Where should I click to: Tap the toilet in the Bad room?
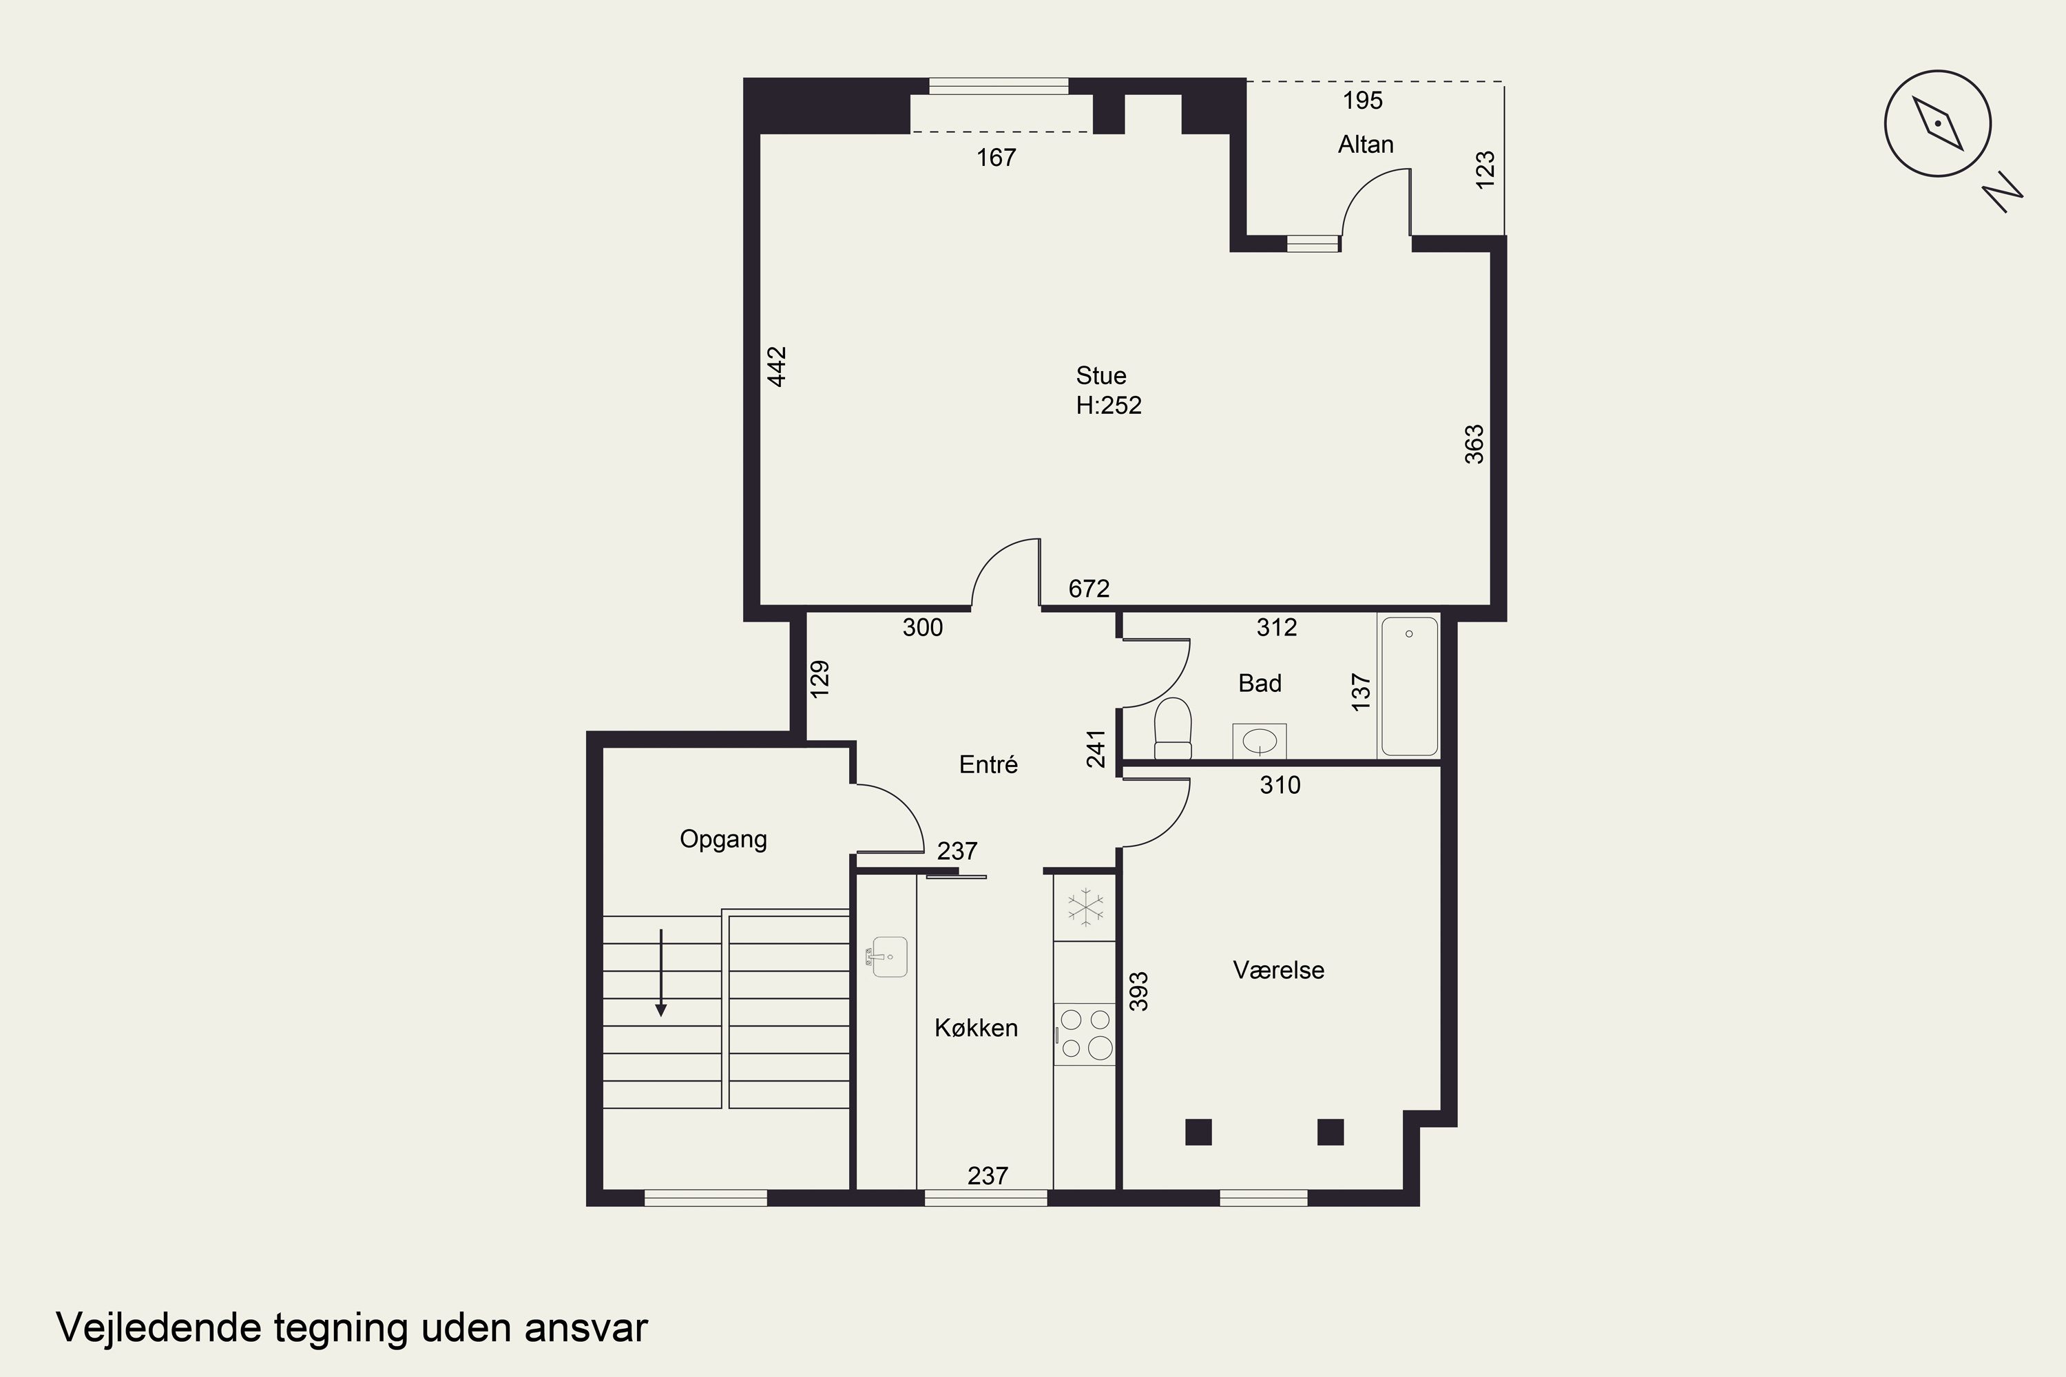click(1173, 728)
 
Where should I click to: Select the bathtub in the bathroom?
click(1409, 686)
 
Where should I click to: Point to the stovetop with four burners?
click(1085, 1033)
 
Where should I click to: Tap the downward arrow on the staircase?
click(660, 973)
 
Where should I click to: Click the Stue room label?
click(1100, 376)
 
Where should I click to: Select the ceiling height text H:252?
click(1109, 405)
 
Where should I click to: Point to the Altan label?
click(1365, 144)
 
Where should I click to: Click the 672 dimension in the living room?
click(1088, 589)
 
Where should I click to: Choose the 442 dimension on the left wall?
click(777, 366)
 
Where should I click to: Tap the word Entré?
click(988, 764)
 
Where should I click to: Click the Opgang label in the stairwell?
click(723, 839)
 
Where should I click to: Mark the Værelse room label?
click(1278, 970)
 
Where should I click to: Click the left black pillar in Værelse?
click(1198, 1132)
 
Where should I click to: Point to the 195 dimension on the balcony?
click(1362, 100)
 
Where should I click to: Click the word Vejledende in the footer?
click(159, 1328)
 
